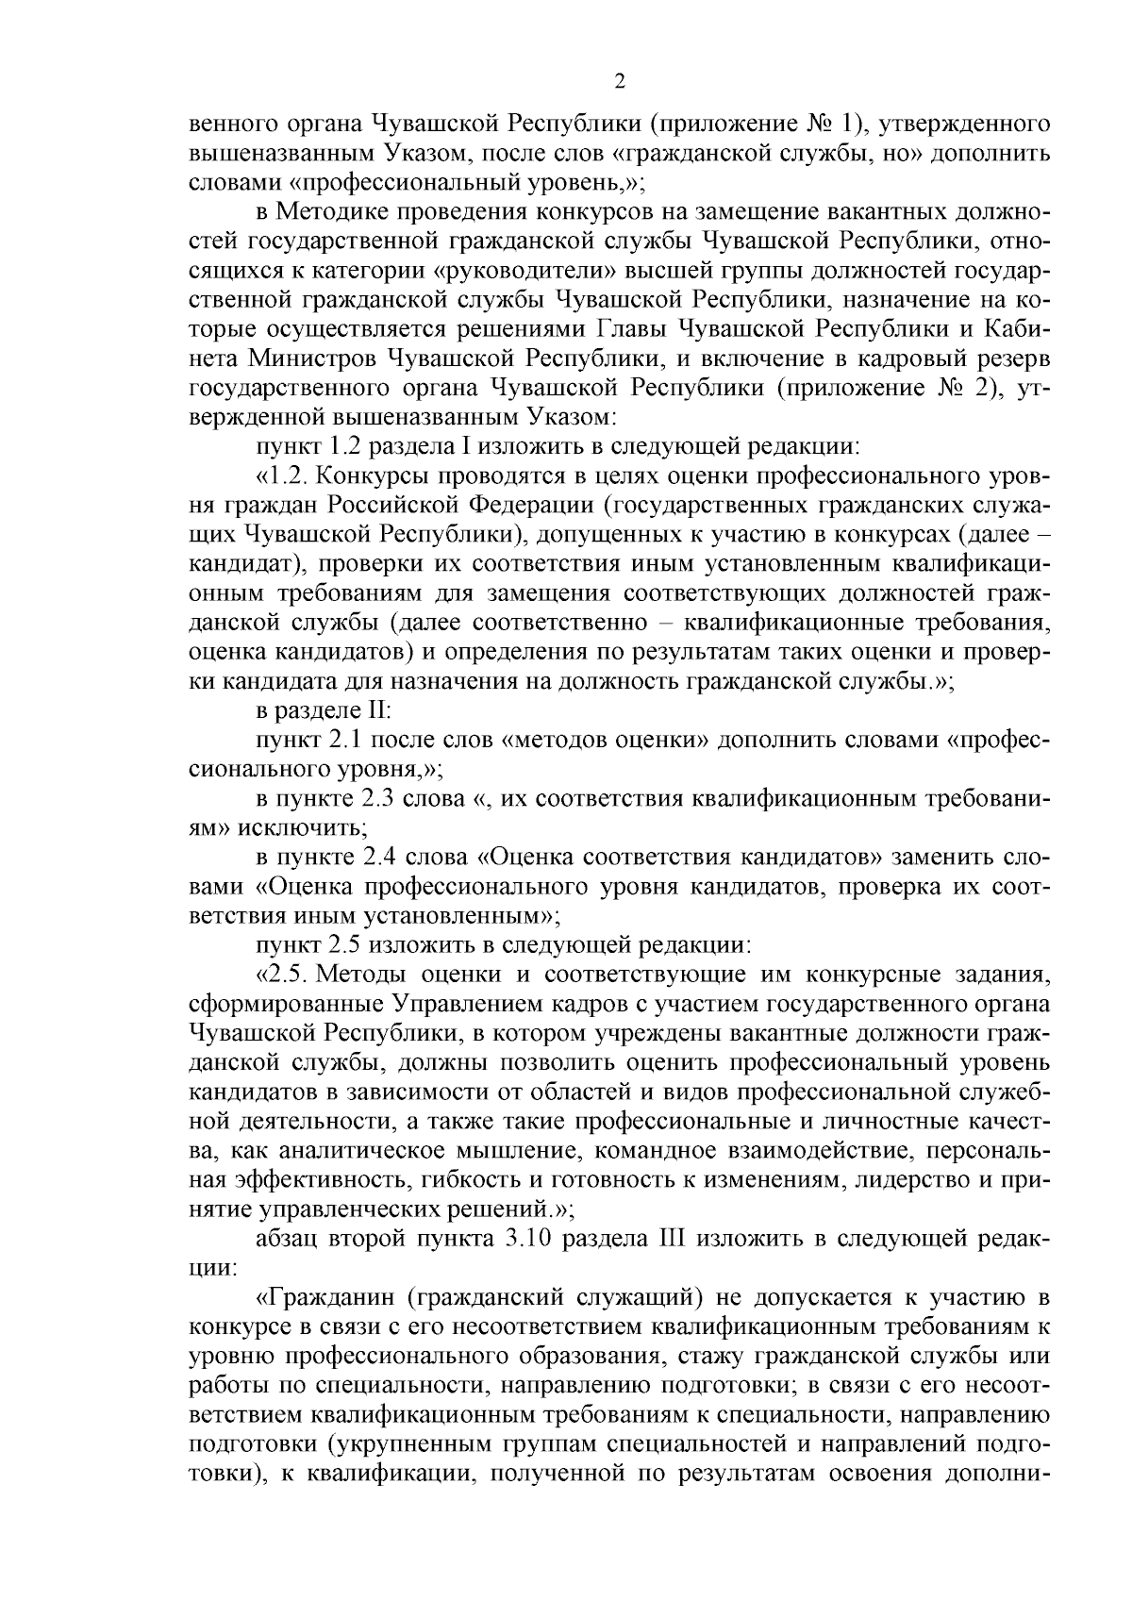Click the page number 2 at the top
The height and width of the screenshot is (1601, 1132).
pyautogui.click(x=620, y=82)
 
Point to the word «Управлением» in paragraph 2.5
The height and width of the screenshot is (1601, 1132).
pyautogui.click(x=461, y=1003)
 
